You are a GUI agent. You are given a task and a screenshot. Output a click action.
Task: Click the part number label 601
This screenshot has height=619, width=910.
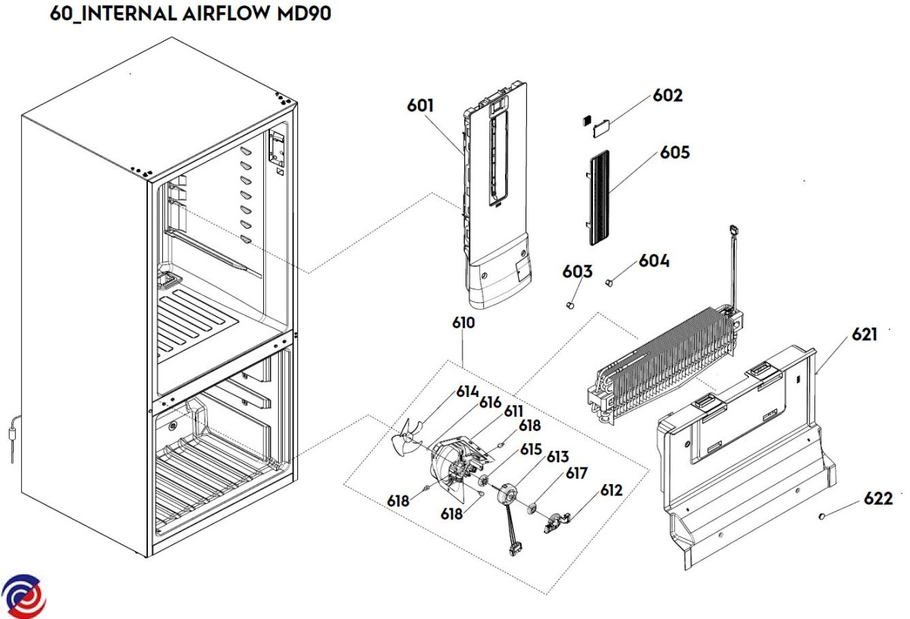(x=420, y=105)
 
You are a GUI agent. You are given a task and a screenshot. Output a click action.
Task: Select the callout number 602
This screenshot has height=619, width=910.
(x=668, y=95)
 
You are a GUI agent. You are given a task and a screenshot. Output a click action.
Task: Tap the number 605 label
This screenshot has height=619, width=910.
(x=674, y=152)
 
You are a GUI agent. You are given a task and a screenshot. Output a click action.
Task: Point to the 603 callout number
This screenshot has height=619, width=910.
(x=577, y=271)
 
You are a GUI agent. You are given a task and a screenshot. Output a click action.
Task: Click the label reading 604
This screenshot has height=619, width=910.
(x=654, y=261)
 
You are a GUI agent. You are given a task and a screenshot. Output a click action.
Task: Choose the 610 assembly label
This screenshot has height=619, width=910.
(x=463, y=323)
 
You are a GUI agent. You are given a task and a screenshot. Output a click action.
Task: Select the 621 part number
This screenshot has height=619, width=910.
(x=864, y=334)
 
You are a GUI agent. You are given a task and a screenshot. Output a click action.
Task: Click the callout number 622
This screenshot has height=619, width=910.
(x=877, y=499)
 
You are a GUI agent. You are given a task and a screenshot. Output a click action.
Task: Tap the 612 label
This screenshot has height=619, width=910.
(x=611, y=490)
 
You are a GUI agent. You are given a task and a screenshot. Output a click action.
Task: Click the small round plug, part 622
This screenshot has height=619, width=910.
(x=822, y=517)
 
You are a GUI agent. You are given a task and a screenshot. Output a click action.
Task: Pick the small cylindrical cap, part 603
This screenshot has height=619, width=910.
(x=572, y=305)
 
